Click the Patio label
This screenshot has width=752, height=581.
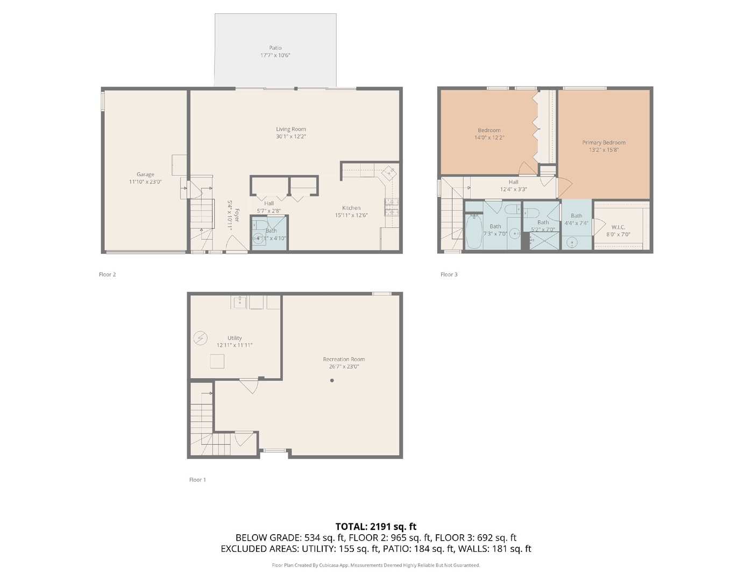275,48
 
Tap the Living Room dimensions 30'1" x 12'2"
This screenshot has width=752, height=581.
291,137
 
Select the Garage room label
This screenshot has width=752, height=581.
145,174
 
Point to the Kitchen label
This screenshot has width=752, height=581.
351,208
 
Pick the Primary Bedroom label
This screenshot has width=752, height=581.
604,143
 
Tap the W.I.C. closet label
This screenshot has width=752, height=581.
618,227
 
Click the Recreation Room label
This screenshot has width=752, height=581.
344,359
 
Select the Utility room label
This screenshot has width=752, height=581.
235,338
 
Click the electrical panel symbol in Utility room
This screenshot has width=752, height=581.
200,338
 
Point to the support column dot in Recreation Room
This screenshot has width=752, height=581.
332,380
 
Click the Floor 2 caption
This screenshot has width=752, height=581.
107,274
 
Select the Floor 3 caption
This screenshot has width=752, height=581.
449,274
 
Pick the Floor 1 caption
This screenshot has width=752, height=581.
197,480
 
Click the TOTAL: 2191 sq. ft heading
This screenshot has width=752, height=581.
375,527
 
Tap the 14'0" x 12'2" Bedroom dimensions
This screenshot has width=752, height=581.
489,138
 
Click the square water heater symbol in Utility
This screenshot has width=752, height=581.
217,362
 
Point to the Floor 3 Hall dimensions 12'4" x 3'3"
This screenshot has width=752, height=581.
513,189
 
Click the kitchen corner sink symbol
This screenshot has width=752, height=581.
389,173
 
